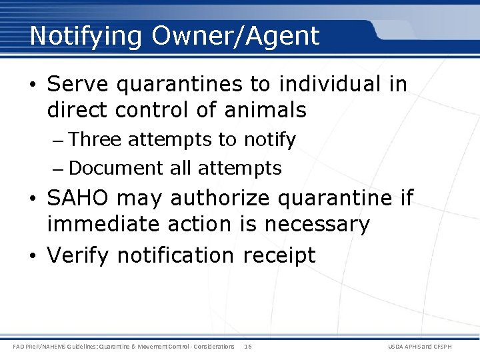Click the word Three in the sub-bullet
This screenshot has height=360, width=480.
coord(95,139)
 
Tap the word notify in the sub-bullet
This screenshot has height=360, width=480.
coord(269,140)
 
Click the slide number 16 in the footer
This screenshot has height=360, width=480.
coord(247,346)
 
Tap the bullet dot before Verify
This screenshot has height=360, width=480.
coord(35,255)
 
